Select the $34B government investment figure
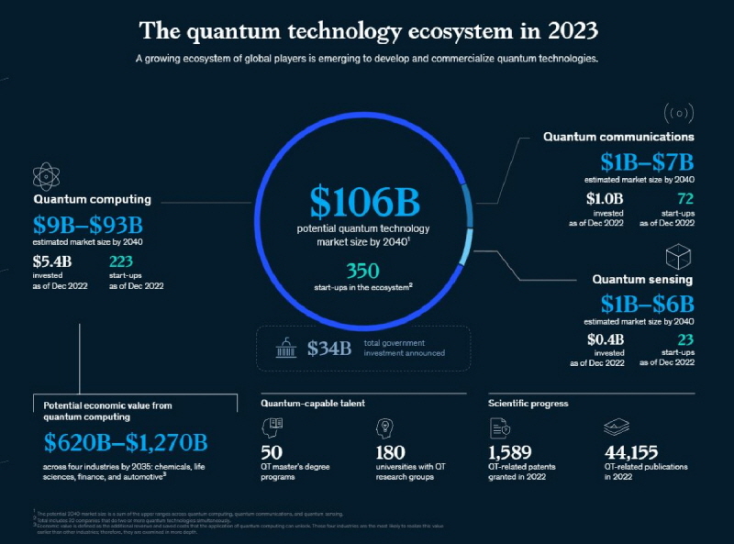pos(329,349)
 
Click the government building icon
pos(285,349)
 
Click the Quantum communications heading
pos(618,137)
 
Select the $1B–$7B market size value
pos(648,162)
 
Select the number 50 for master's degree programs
pos(272,452)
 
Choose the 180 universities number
pos(391,452)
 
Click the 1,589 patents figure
pos(509,452)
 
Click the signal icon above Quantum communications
pos(677,113)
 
